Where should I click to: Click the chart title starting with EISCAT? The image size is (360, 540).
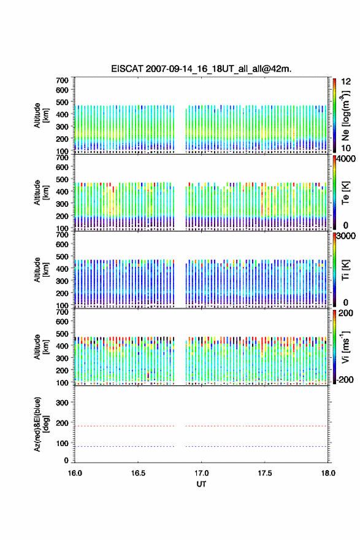[x=201, y=69]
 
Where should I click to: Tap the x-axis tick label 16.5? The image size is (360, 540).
[x=138, y=473]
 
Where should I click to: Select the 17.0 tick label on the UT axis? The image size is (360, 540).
[x=201, y=473]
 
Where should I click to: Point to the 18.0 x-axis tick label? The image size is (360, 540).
[x=328, y=473]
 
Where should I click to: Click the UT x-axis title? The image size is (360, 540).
[x=201, y=484]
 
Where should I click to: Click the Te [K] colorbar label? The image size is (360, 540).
[x=345, y=193]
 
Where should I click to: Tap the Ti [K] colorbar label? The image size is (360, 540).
[x=345, y=270]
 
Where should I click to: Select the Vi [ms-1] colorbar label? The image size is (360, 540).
[x=345, y=347]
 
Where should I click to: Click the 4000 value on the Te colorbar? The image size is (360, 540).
[x=347, y=159]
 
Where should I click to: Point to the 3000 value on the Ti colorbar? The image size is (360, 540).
[x=347, y=236]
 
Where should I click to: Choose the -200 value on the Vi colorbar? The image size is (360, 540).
[x=345, y=379]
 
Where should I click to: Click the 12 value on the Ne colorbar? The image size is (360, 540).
[x=346, y=82]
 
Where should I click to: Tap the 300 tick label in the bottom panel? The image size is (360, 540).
[x=62, y=403]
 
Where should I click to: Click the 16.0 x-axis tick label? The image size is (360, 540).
[x=75, y=473]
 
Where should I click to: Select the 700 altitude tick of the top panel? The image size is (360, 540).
[x=62, y=80]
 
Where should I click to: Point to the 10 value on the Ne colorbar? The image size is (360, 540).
[x=346, y=148]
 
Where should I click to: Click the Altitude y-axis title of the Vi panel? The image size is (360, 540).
[x=41, y=347]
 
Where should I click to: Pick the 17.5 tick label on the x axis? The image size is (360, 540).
[x=265, y=473]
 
